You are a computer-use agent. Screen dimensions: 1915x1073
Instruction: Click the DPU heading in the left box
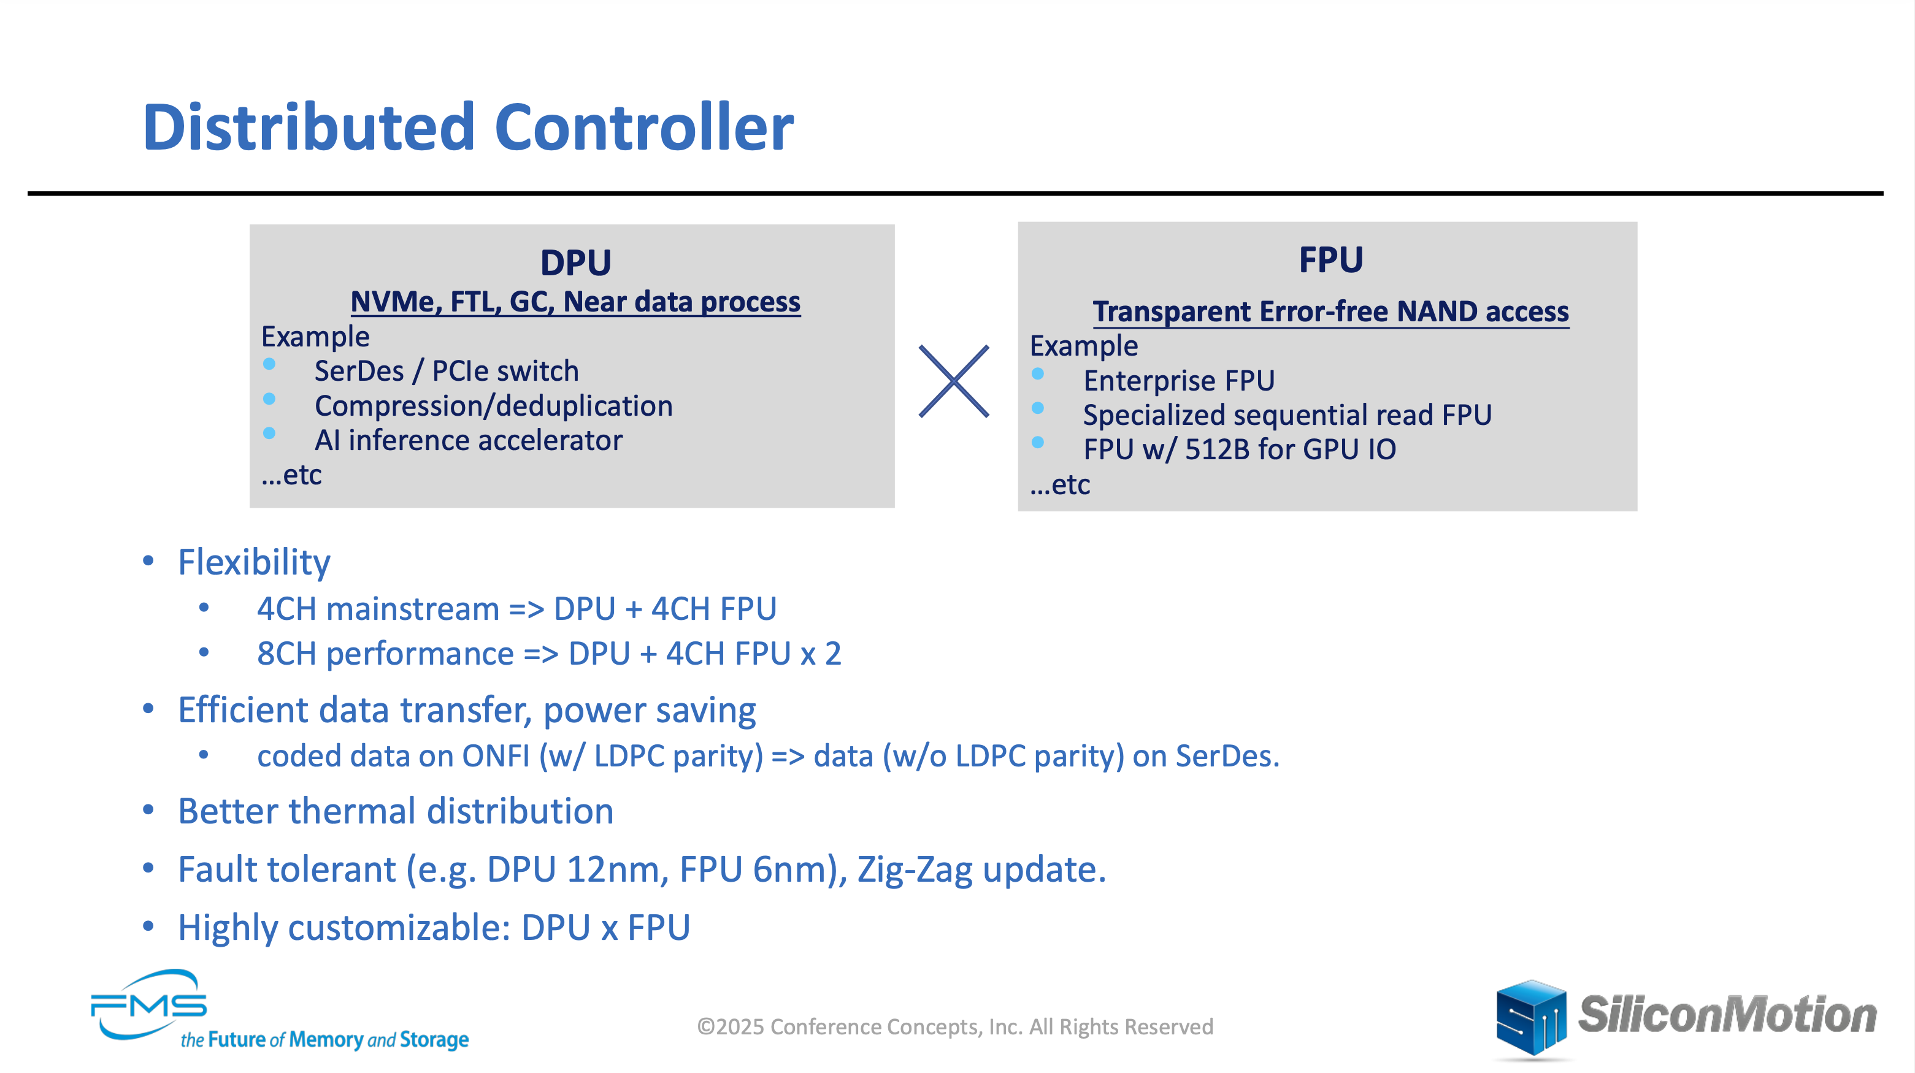pos(575,262)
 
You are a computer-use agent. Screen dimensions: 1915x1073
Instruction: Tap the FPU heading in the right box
pos(1330,259)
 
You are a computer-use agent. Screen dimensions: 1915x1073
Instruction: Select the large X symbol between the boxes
pos(954,381)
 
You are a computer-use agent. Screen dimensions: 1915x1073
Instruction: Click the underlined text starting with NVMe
pos(575,302)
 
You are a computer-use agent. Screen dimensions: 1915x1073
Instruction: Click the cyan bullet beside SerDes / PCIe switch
pos(269,364)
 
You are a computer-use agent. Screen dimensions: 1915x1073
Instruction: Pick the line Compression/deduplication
pos(494,406)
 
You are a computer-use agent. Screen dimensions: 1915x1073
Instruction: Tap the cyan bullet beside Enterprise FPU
pos(1038,374)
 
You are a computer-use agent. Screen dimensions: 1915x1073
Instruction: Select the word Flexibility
pos(254,562)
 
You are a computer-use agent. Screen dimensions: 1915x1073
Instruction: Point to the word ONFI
pos(496,756)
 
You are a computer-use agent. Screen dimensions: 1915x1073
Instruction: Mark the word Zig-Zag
pos(915,870)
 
